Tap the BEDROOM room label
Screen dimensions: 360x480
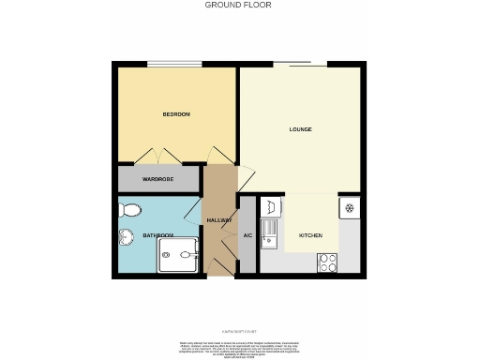[x=176, y=114]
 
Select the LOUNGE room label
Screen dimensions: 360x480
[x=300, y=129]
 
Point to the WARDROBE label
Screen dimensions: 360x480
[x=157, y=178]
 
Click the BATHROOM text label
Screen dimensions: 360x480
[x=157, y=235]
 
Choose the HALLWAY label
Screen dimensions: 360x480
[x=219, y=219]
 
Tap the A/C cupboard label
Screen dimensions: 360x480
[x=247, y=235]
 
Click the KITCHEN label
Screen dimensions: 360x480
[x=310, y=235]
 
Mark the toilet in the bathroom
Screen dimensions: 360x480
[x=131, y=209]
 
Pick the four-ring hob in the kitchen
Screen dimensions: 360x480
[x=327, y=262]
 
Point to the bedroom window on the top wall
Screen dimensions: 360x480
[x=174, y=64]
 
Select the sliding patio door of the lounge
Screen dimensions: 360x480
[x=300, y=64]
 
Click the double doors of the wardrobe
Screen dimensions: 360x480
[x=157, y=155]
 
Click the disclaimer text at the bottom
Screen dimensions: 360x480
[x=240, y=348]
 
